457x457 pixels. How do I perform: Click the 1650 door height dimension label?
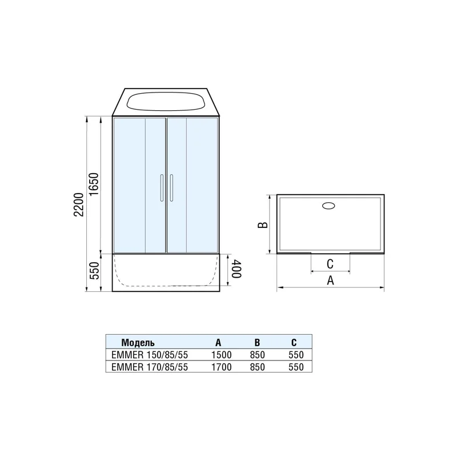[95, 185]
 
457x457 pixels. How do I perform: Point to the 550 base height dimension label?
[95, 273]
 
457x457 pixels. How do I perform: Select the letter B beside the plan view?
[262, 225]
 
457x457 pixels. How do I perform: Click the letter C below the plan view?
[330, 264]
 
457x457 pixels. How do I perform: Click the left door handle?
[162, 188]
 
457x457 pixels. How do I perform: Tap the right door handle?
[170, 188]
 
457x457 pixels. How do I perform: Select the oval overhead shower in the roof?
[166, 102]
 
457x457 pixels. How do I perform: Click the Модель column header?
[138, 343]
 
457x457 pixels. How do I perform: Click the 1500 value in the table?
[221, 355]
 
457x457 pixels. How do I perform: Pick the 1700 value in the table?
[221, 367]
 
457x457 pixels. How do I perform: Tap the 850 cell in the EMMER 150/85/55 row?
[257, 355]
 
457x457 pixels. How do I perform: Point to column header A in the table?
[218, 343]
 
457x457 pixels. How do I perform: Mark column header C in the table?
[294, 343]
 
